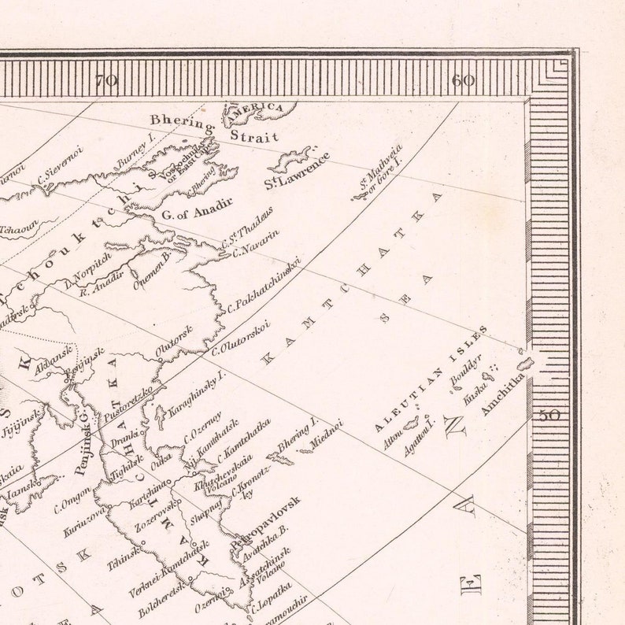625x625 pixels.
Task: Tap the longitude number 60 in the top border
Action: click(x=464, y=80)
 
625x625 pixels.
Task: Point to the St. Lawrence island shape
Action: click(x=290, y=159)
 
